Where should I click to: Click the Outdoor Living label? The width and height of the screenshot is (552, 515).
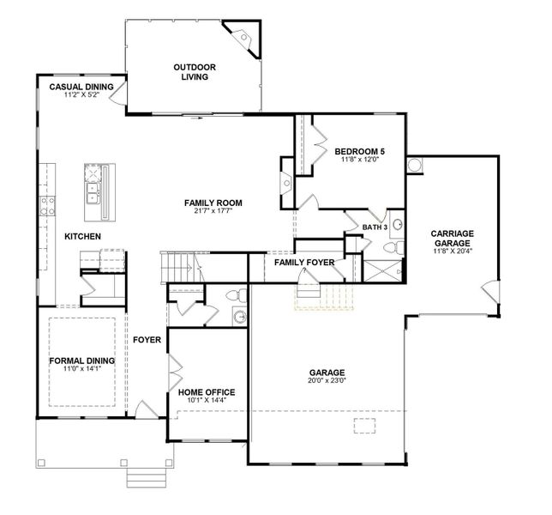[195, 72]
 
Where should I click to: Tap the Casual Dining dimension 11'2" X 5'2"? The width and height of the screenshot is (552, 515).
[81, 94]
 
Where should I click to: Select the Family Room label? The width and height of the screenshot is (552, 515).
[213, 203]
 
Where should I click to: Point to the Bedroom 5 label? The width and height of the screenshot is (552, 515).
[359, 152]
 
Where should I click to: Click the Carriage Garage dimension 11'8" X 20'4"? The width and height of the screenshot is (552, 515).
[453, 251]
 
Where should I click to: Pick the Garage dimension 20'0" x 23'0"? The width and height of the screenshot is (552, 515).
[327, 380]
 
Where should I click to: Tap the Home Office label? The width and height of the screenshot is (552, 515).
[207, 392]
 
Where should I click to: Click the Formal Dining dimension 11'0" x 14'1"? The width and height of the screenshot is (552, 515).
[82, 369]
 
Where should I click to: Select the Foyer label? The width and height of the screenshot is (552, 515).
[147, 340]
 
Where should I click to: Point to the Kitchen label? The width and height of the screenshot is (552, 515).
[83, 236]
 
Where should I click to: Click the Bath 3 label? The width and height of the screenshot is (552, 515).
[375, 227]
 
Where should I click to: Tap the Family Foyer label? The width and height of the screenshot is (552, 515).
[304, 263]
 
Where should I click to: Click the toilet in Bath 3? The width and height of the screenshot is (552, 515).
[393, 247]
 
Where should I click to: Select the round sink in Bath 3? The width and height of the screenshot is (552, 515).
[398, 224]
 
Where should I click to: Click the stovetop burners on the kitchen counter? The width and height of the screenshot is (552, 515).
[47, 206]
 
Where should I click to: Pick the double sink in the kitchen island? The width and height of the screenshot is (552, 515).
[93, 193]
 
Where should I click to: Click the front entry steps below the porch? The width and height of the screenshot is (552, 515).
[146, 477]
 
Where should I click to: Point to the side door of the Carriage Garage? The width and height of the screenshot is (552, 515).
[490, 292]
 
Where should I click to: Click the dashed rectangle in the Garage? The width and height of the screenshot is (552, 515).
[365, 426]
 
